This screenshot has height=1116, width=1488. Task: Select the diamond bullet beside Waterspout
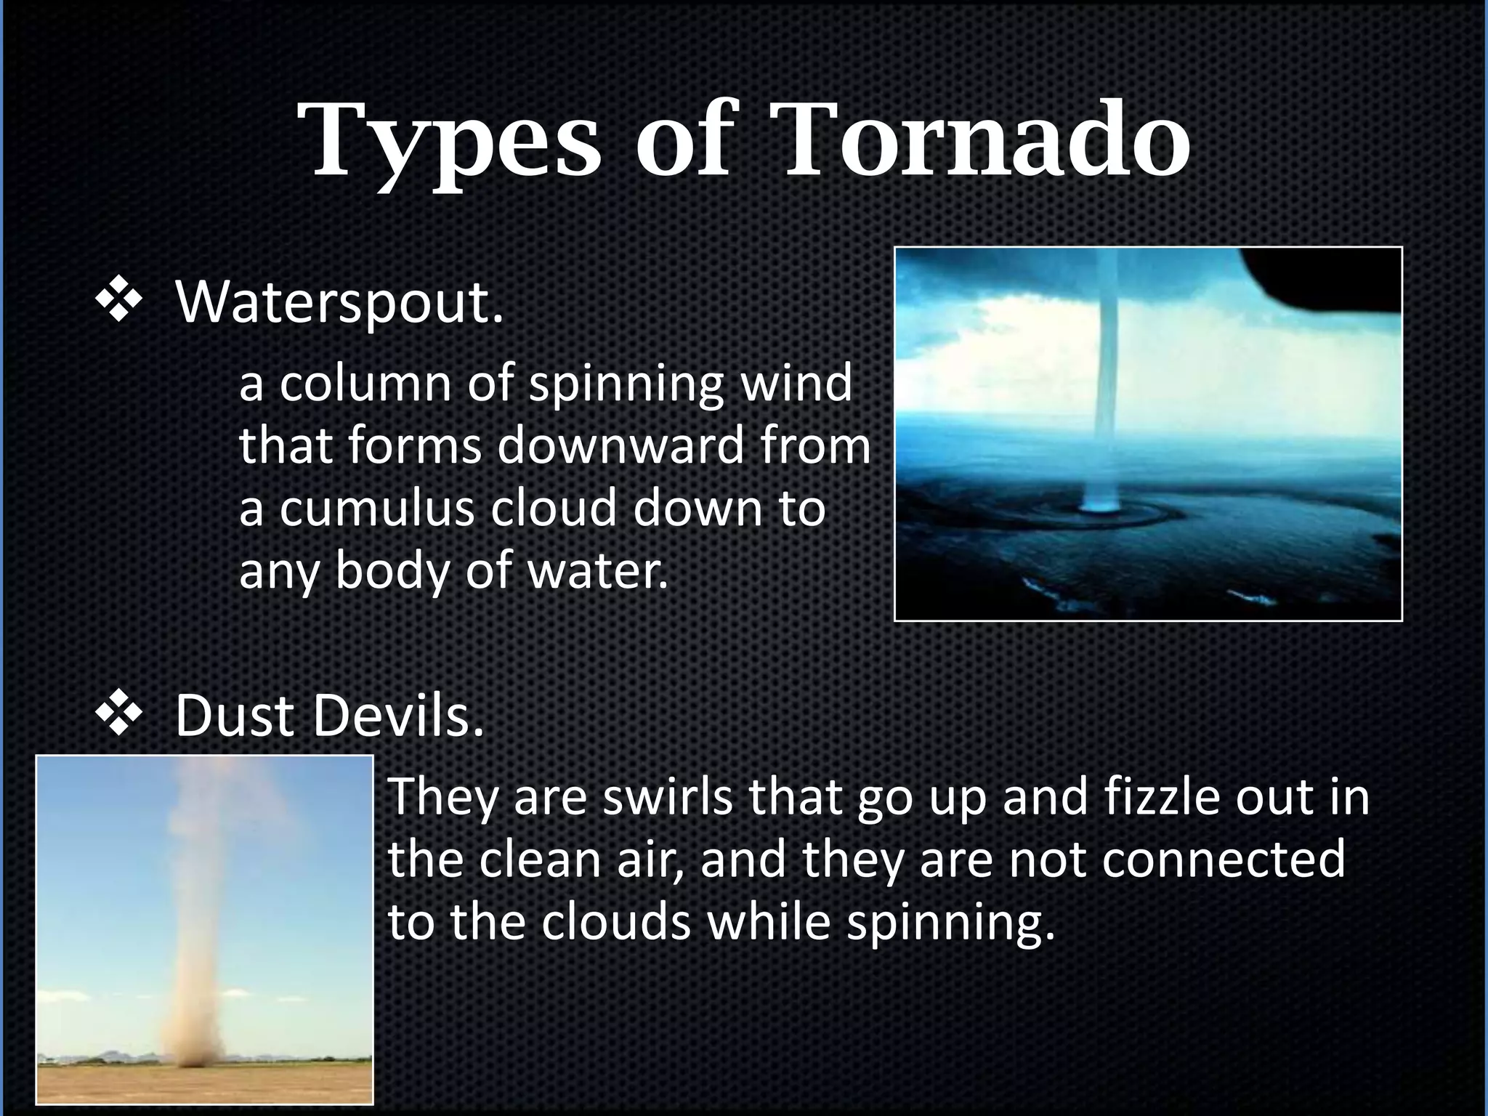(118, 302)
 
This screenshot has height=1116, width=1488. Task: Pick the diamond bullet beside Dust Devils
(118, 716)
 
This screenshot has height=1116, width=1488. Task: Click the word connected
(1224, 859)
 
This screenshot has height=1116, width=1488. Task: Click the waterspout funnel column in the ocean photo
(1107, 363)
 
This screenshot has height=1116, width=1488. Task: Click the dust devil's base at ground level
(193, 1057)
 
